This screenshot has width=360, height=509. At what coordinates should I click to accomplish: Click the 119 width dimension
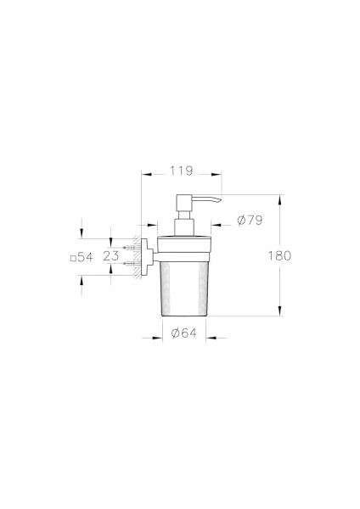click(x=181, y=171)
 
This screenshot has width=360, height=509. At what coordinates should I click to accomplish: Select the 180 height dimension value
click(x=279, y=255)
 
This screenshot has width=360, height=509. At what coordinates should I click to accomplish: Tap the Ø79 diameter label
click(x=250, y=221)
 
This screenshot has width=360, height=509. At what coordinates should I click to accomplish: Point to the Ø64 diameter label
click(x=183, y=333)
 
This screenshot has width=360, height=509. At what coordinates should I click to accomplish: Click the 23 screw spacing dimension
click(x=111, y=255)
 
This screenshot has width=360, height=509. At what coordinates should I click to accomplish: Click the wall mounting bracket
click(x=145, y=255)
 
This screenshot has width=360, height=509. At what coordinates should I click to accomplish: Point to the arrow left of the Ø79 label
click(x=218, y=226)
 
